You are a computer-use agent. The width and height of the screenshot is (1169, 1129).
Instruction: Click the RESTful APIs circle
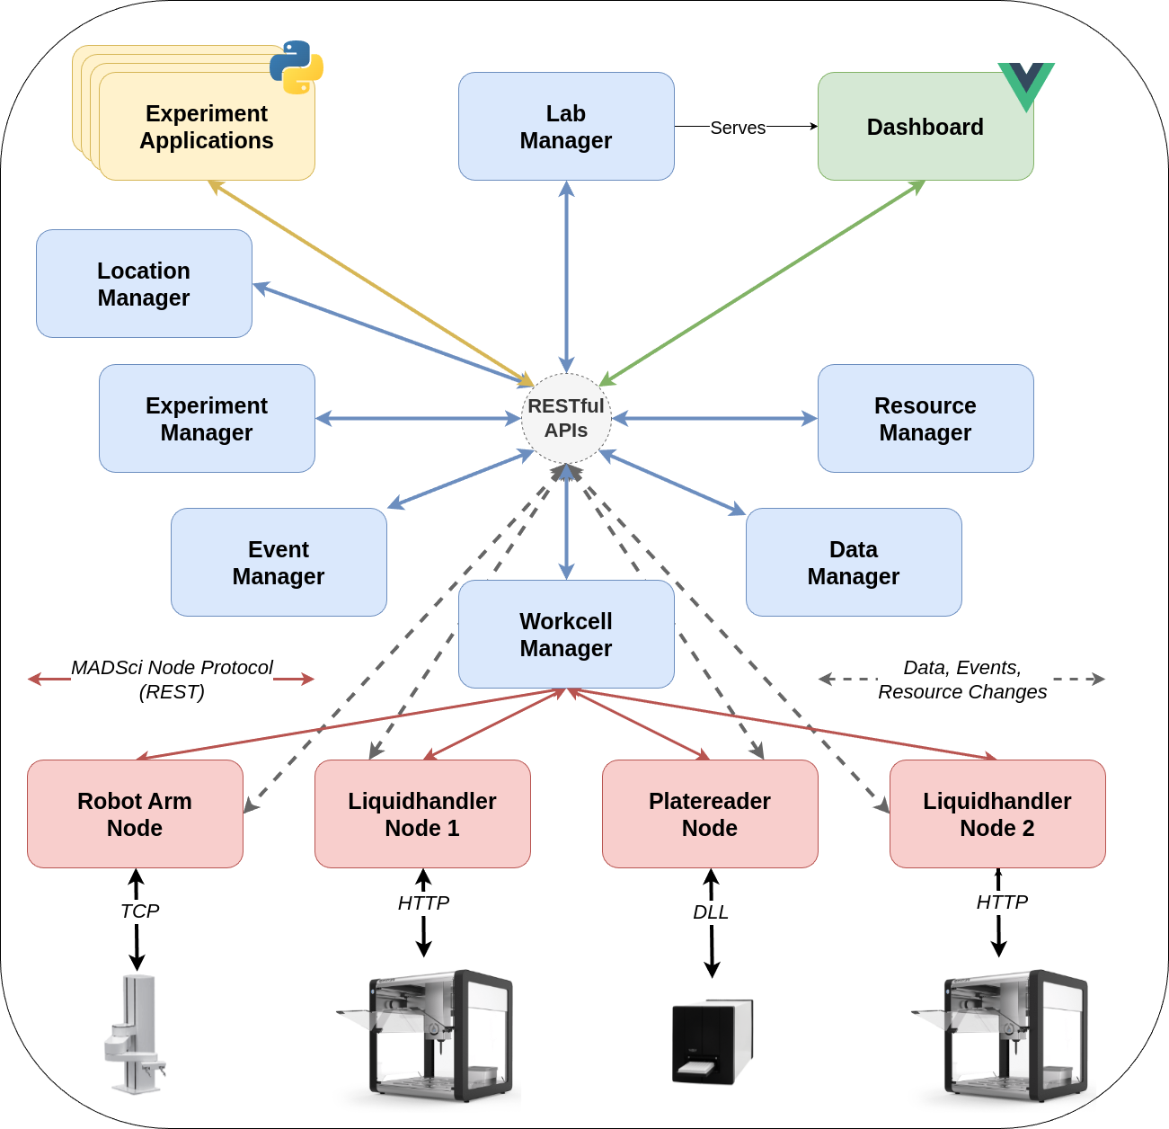pyautogui.click(x=566, y=418)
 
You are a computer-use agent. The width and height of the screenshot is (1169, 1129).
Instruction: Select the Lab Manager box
pyautogui.click(x=566, y=127)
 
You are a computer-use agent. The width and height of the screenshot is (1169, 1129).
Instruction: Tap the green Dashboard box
pyautogui.click(x=925, y=127)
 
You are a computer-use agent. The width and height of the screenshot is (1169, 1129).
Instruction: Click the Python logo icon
pyautogui.click(x=297, y=67)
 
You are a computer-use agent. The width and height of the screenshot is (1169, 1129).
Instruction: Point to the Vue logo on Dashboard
pyautogui.click(x=1026, y=84)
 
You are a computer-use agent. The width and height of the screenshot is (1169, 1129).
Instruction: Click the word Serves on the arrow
pyautogui.click(x=738, y=128)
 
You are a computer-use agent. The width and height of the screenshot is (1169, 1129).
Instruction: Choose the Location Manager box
pyautogui.click(x=144, y=284)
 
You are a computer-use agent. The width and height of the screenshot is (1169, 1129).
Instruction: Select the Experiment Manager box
pyautogui.click(x=207, y=419)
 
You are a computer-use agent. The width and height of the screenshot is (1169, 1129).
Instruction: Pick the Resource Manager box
pyautogui.click(x=925, y=419)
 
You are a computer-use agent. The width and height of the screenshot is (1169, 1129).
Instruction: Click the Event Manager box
pyautogui.click(x=279, y=563)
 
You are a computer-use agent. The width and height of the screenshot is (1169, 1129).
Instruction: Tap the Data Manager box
pyautogui.click(x=854, y=563)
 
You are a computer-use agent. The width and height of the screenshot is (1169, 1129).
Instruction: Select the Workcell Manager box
pyautogui.click(x=566, y=635)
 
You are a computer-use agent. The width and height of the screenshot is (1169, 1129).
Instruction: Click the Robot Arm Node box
pyautogui.click(x=135, y=814)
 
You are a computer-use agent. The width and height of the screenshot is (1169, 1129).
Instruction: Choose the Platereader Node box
pyautogui.click(x=710, y=814)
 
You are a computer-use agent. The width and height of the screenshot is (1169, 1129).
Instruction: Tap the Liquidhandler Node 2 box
pyautogui.click(x=997, y=814)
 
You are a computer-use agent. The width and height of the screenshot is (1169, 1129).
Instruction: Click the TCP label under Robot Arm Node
pyautogui.click(x=139, y=911)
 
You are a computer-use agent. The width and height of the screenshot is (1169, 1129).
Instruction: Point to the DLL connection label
pyautogui.click(x=710, y=912)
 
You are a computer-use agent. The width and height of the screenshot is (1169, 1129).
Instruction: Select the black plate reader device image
pyautogui.click(x=712, y=1042)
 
